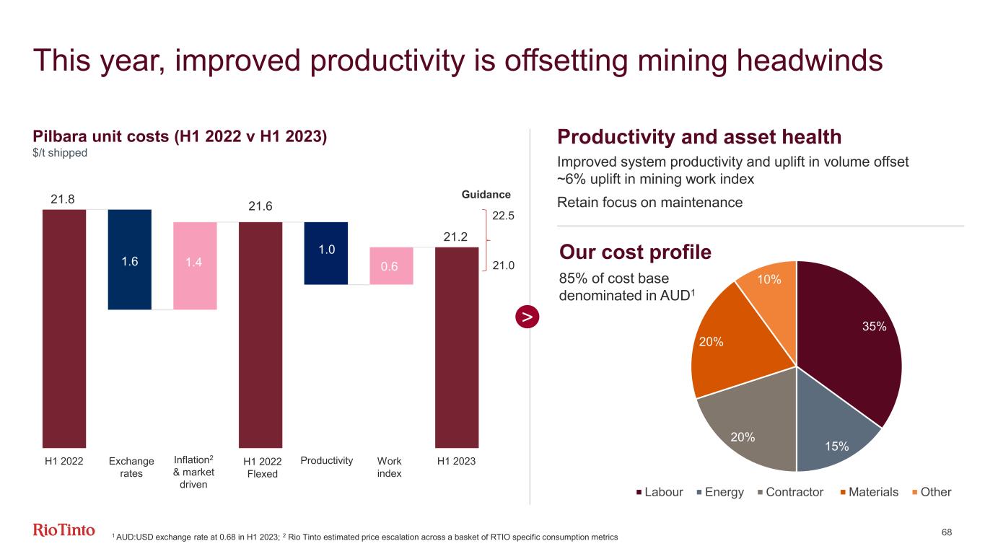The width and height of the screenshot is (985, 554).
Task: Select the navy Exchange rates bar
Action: pyautogui.click(x=130, y=259)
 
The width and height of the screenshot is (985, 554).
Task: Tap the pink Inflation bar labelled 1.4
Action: pyautogui.click(x=195, y=265)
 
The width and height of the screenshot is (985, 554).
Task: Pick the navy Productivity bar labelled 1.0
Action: pyautogui.click(x=326, y=252)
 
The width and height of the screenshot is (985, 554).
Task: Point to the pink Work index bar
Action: pyautogui.click(x=391, y=265)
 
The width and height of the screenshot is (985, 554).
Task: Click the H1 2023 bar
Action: pyautogui.click(x=456, y=347)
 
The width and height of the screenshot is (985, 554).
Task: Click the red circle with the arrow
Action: pyautogui.click(x=529, y=317)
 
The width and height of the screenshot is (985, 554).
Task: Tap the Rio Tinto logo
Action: pyautogui.click(x=64, y=531)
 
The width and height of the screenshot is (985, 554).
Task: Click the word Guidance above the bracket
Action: pyautogui.click(x=486, y=195)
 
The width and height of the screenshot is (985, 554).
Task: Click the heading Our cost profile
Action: pyautogui.click(x=635, y=252)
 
